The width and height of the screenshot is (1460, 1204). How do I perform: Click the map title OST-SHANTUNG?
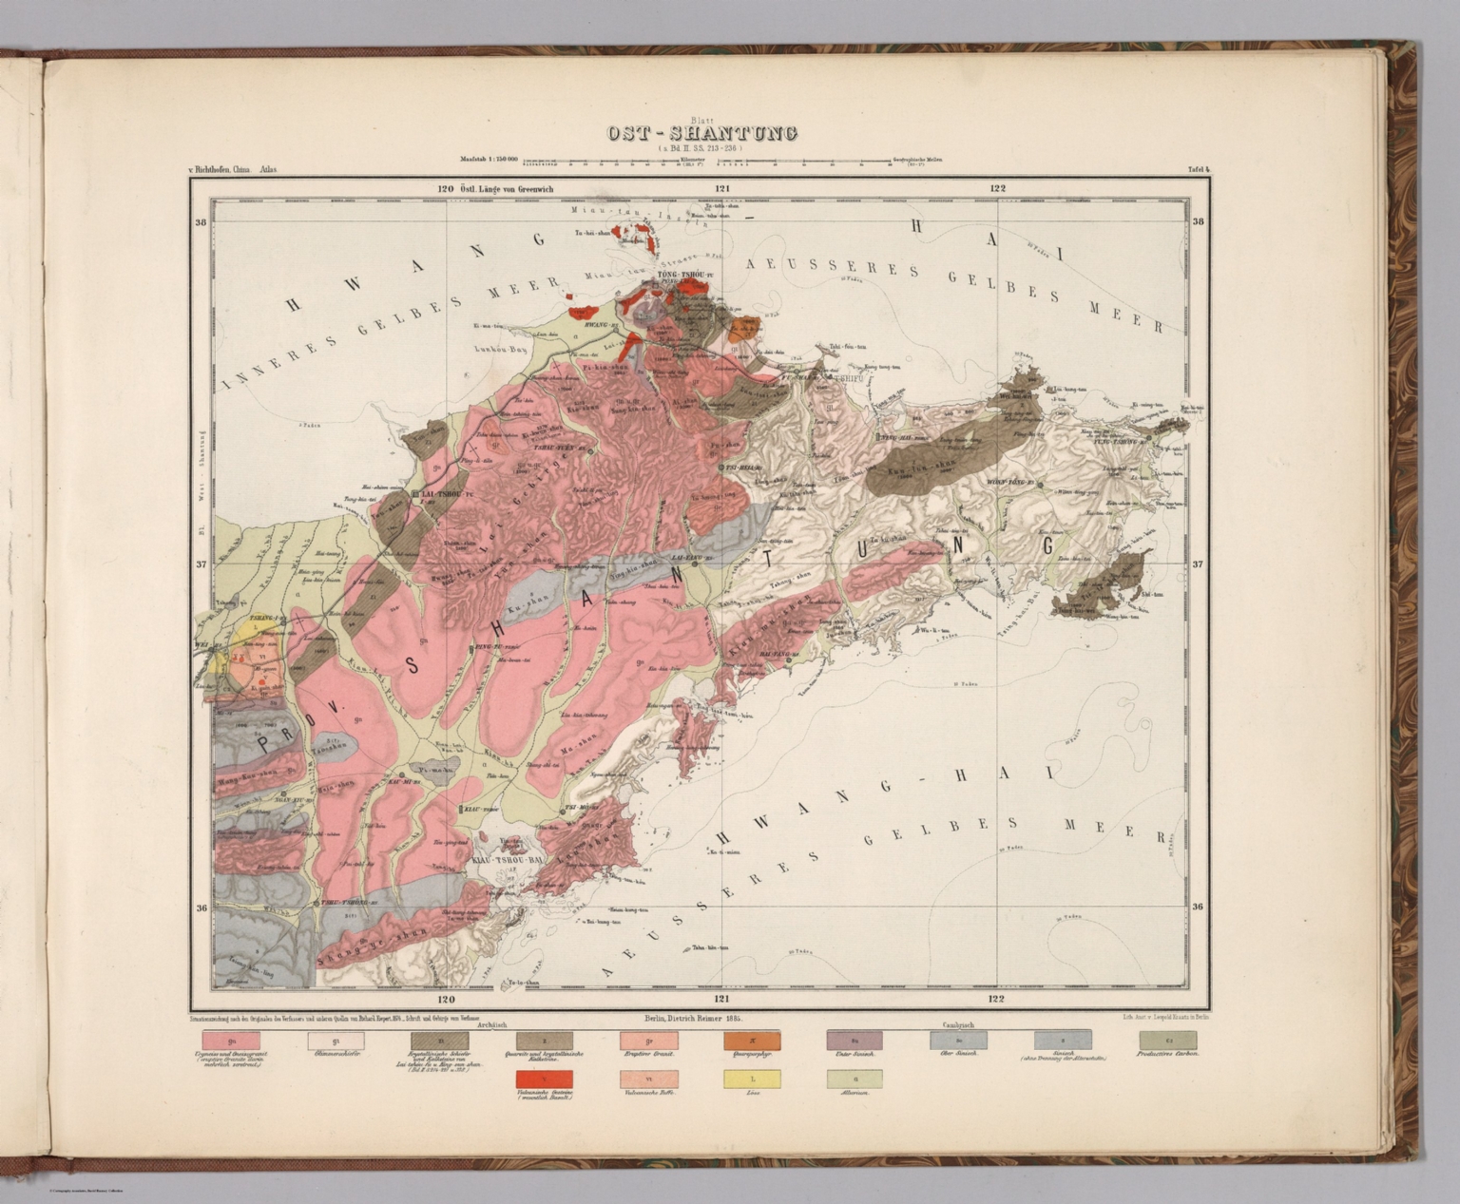click(702, 133)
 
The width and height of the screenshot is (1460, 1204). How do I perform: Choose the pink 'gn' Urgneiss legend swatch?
click(232, 1042)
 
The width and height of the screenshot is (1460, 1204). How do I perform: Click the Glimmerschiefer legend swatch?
click(336, 1042)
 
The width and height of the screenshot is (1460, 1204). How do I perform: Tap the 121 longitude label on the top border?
click(721, 188)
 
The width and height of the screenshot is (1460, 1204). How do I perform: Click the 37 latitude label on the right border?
click(1198, 564)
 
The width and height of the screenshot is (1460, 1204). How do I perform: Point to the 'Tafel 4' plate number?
click(1198, 170)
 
